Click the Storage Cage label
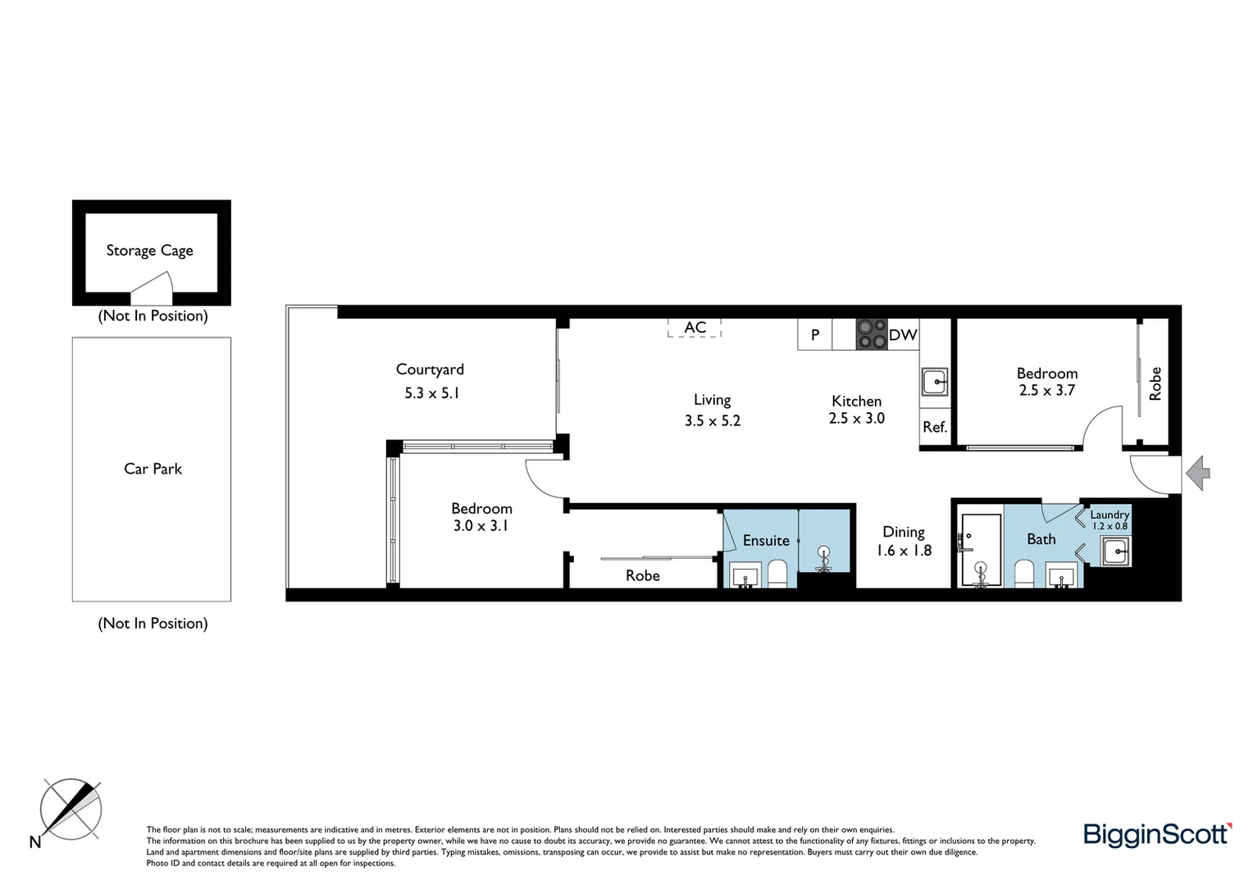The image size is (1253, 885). pyautogui.click(x=149, y=251)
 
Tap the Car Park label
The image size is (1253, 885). pyautogui.click(x=153, y=469)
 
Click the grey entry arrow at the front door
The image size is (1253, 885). pyautogui.click(x=1199, y=474)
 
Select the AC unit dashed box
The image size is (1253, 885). pyautogui.click(x=695, y=328)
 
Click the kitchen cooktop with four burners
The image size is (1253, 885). pyautogui.click(x=871, y=334)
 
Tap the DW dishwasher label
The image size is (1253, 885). pyautogui.click(x=903, y=334)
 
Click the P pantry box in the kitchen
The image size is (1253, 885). pyautogui.click(x=815, y=334)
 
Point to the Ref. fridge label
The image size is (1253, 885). pyautogui.click(x=935, y=427)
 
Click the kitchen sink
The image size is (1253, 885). pyautogui.click(x=935, y=382)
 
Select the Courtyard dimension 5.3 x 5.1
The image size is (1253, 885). pyautogui.click(x=431, y=393)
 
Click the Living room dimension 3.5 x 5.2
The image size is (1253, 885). pyautogui.click(x=713, y=420)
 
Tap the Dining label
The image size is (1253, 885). pyautogui.click(x=904, y=532)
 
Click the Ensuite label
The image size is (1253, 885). pyautogui.click(x=766, y=540)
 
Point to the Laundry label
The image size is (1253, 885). pyautogui.click(x=1109, y=515)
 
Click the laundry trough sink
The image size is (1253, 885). pyautogui.click(x=1116, y=551)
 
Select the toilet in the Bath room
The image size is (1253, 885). pyautogui.click(x=1024, y=573)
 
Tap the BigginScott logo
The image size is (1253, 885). pyautogui.click(x=1157, y=834)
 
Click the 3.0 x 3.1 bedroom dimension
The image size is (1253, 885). pyautogui.click(x=481, y=526)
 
